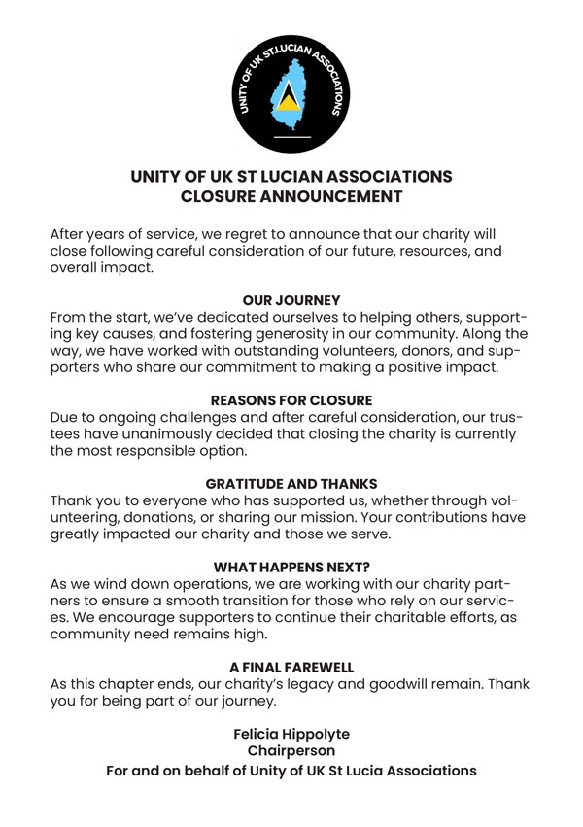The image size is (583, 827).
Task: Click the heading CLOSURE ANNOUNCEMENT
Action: [291, 196]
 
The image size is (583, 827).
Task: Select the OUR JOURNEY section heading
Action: [291, 301]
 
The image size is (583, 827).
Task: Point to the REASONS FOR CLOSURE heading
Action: [291, 399]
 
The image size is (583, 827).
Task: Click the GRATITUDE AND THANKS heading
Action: [291, 483]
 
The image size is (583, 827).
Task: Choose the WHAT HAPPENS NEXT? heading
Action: [291, 567]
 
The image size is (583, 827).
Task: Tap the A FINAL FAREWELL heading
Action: [291, 668]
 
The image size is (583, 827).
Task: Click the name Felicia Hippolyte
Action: [291, 734]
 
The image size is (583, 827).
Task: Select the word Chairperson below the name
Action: [291, 751]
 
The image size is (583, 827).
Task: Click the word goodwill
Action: [417, 684]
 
